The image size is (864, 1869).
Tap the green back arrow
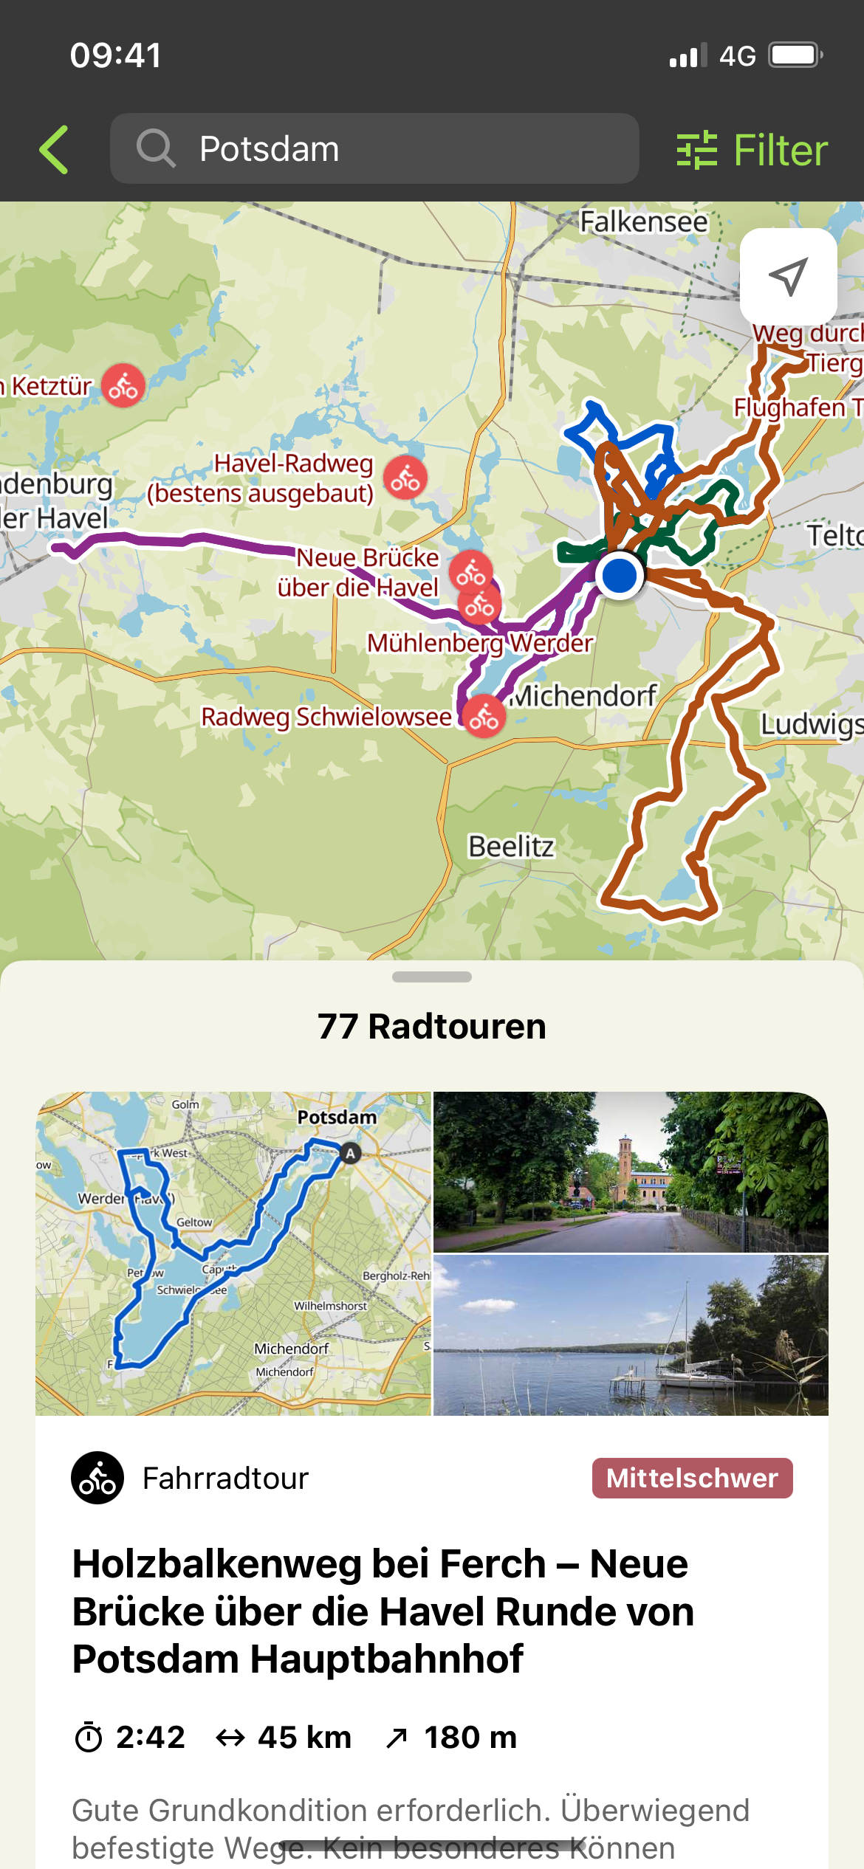[55, 150]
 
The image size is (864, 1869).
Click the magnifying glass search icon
[155, 148]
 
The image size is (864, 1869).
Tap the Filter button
[752, 150]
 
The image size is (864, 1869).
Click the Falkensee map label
[642, 221]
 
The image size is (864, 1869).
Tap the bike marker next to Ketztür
[123, 385]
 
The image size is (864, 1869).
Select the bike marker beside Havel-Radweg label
[405, 478]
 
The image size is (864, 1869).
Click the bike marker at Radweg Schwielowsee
[484, 716]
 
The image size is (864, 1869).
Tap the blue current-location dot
[620, 575]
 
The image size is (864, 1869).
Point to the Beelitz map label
[511, 847]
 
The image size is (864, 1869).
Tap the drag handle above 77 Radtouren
[432, 977]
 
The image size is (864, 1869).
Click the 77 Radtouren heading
[432, 1027]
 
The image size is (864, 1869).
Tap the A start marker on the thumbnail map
[350, 1153]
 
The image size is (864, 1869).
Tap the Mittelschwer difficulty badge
[692, 1478]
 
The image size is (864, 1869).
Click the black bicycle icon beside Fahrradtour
[97, 1478]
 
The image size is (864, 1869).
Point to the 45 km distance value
[304, 1738]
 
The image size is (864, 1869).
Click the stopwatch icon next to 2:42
[89, 1738]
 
